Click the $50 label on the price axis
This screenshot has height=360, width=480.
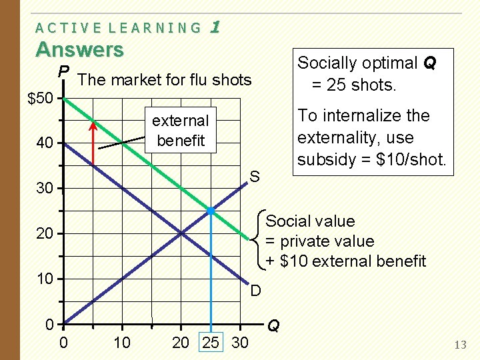pyautogui.click(x=42, y=99)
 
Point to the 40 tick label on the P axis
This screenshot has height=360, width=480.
pyautogui.click(x=45, y=143)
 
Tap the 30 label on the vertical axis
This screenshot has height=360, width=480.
pyautogui.click(x=45, y=189)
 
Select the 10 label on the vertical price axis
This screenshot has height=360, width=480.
pyautogui.click(x=45, y=279)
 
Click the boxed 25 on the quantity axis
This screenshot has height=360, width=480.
pyautogui.click(x=210, y=343)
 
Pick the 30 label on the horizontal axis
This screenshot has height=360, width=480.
pyautogui.click(x=239, y=343)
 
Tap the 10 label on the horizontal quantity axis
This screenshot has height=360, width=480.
pyautogui.click(x=122, y=343)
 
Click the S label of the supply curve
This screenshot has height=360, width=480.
pyautogui.click(x=254, y=177)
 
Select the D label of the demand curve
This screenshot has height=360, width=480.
pyautogui.click(x=255, y=290)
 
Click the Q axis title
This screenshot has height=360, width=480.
pyautogui.click(x=273, y=326)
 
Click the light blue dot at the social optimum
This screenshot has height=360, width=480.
pyautogui.click(x=211, y=211)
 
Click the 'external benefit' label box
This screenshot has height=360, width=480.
pyautogui.click(x=180, y=131)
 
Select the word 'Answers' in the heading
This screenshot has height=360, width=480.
pyautogui.click(x=79, y=50)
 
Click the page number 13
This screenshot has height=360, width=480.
pyautogui.click(x=459, y=345)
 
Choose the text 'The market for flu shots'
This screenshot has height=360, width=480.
pyautogui.click(x=165, y=81)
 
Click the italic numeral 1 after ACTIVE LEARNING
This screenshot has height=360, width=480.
pyautogui.click(x=215, y=27)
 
